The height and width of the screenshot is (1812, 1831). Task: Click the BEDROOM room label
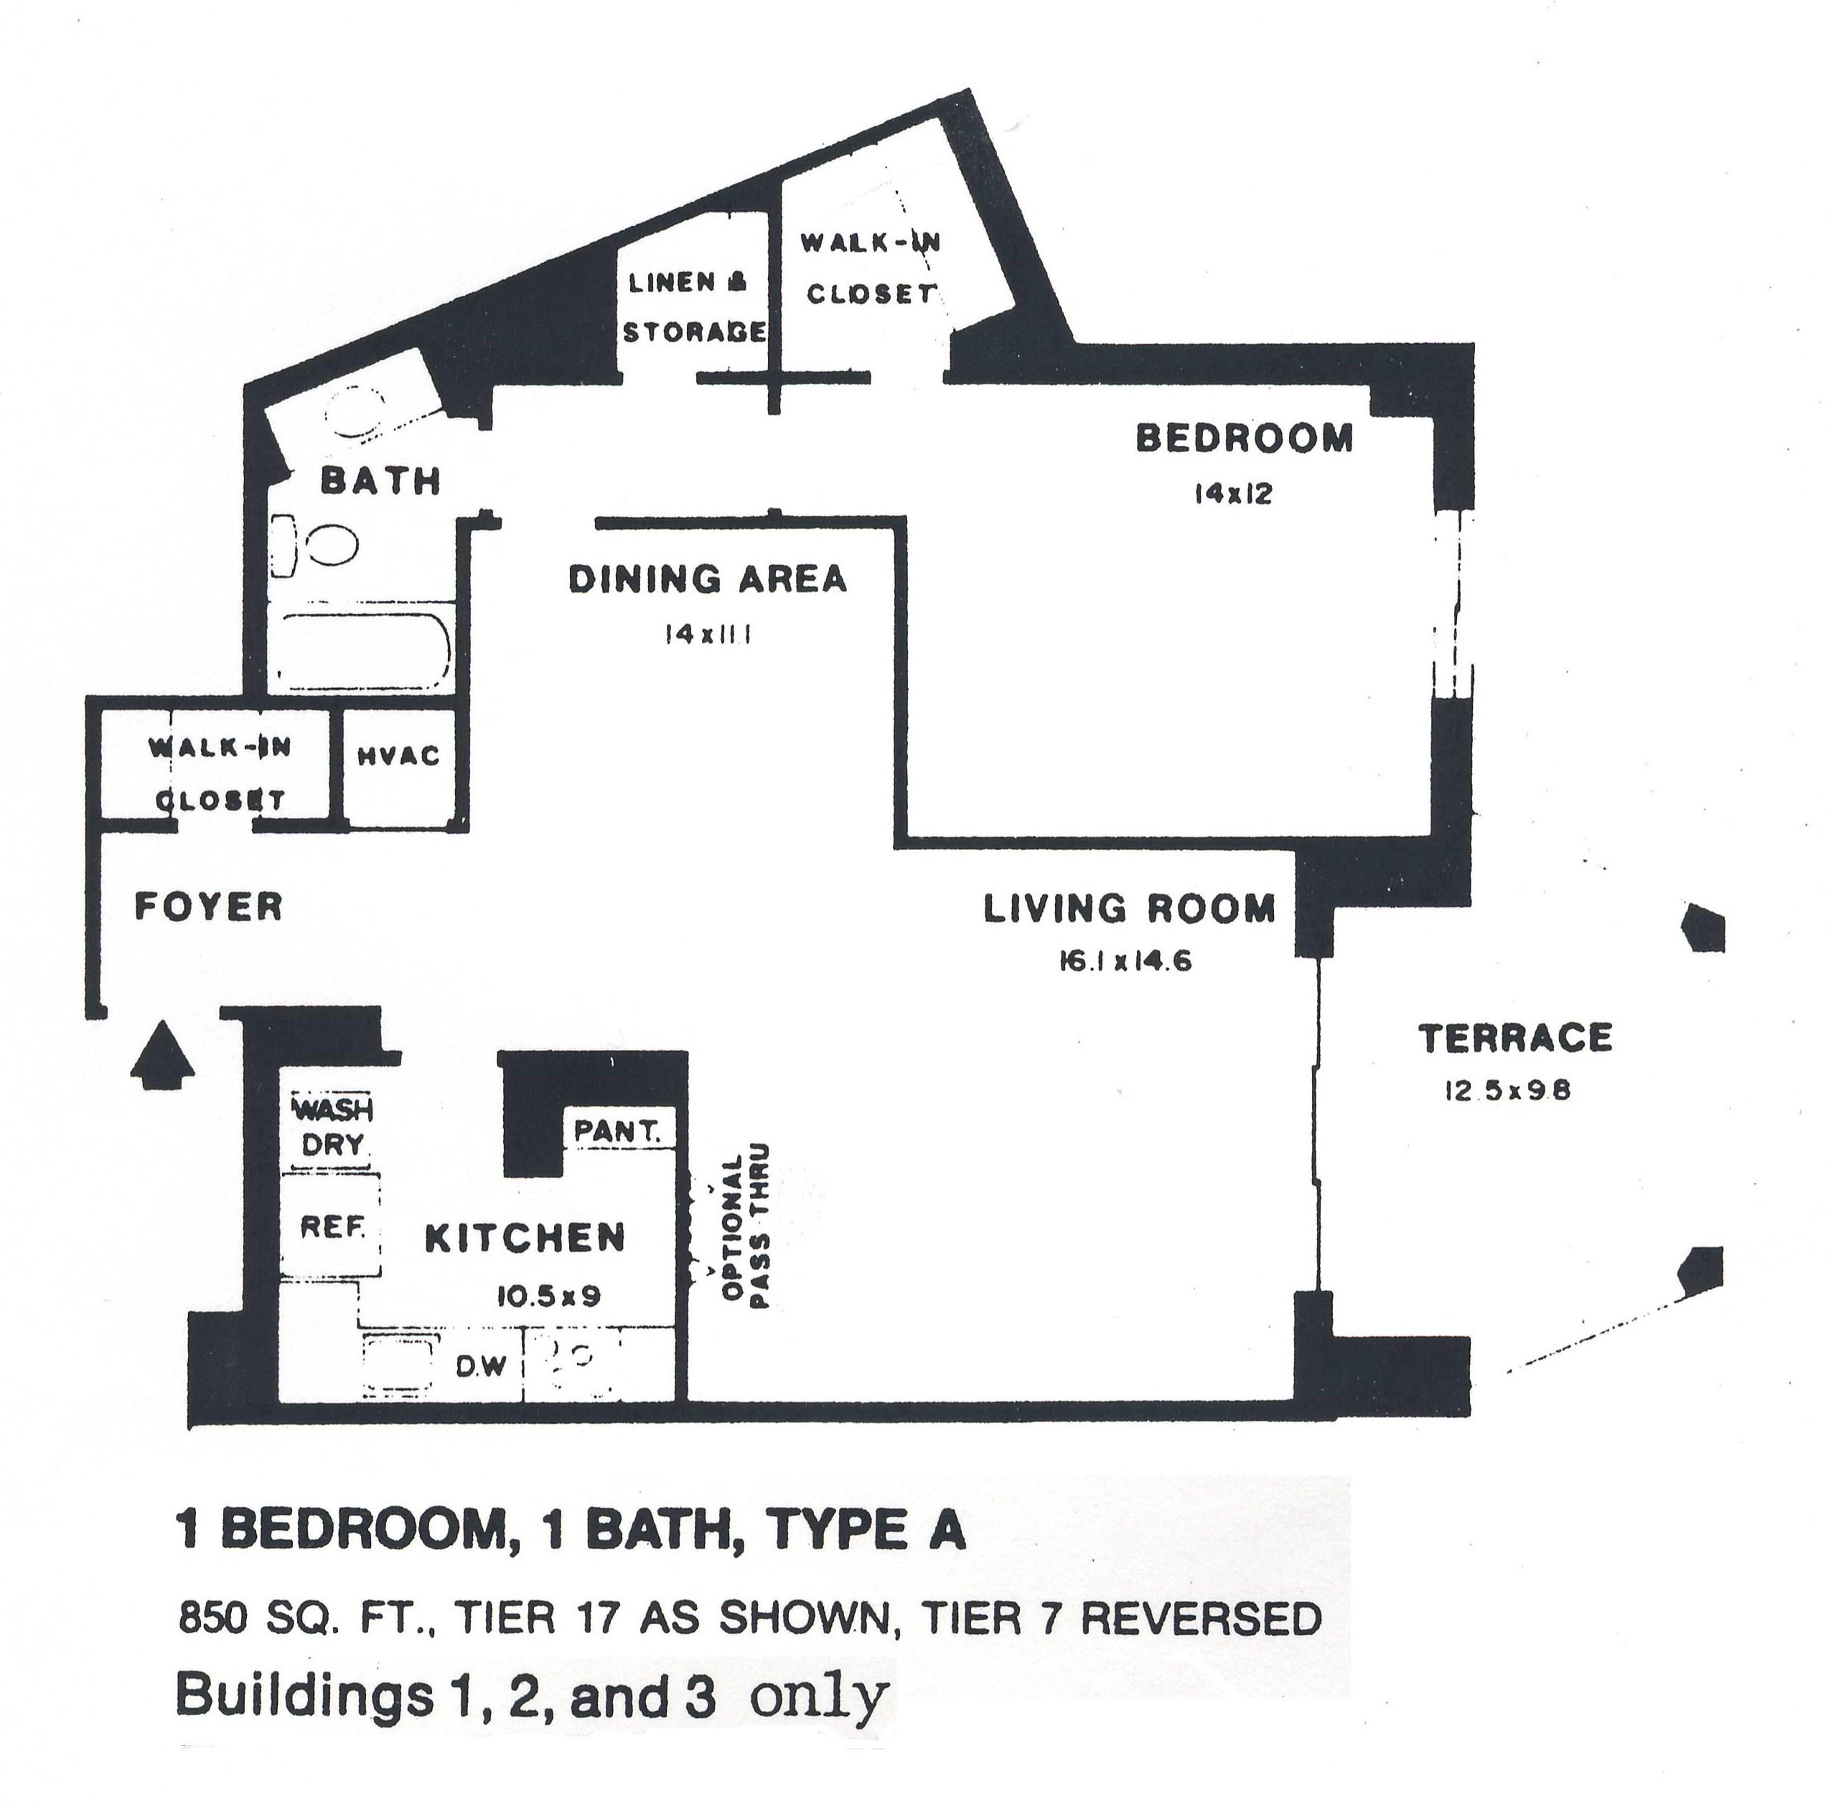[x=1243, y=439]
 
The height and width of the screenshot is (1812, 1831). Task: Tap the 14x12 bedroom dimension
[x=1232, y=495]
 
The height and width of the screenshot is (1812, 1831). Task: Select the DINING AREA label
[x=707, y=579]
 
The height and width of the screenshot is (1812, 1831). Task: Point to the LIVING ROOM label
[x=1129, y=909]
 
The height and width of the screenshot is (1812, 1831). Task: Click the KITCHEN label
[x=525, y=1238]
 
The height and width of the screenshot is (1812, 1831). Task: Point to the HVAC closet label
[x=399, y=755]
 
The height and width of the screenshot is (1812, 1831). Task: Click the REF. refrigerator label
[x=332, y=1228]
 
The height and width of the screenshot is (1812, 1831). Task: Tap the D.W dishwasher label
[x=482, y=1367]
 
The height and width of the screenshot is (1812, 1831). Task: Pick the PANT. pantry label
[x=618, y=1131]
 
